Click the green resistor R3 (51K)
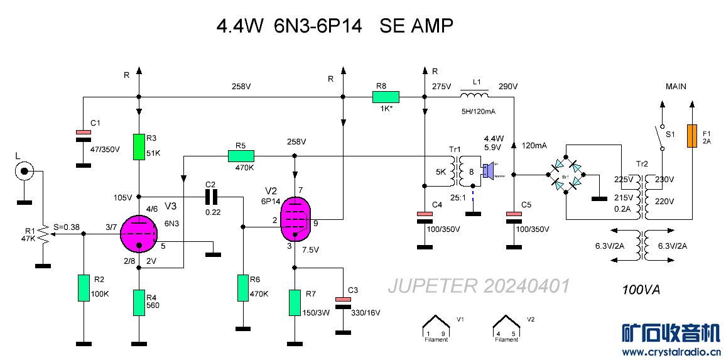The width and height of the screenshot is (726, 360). coord(139,146)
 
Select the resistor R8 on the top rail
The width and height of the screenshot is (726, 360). coord(386,97)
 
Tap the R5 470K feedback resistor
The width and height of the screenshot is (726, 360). coord(241,156)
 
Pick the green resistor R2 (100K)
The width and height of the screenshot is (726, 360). coord(84,287)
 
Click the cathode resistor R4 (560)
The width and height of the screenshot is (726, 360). coord(139,302)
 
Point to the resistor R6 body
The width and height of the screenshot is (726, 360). coord(242,287)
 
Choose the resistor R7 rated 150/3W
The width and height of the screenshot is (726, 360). coord(294,302)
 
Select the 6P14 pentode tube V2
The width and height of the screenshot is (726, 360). coord(295,218)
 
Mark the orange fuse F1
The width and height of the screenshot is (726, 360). coord(692,136)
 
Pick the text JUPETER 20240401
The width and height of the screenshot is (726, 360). coord(479,286)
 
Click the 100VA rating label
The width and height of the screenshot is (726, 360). coord(641,290)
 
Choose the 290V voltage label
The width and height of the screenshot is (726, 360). coord(507,86)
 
